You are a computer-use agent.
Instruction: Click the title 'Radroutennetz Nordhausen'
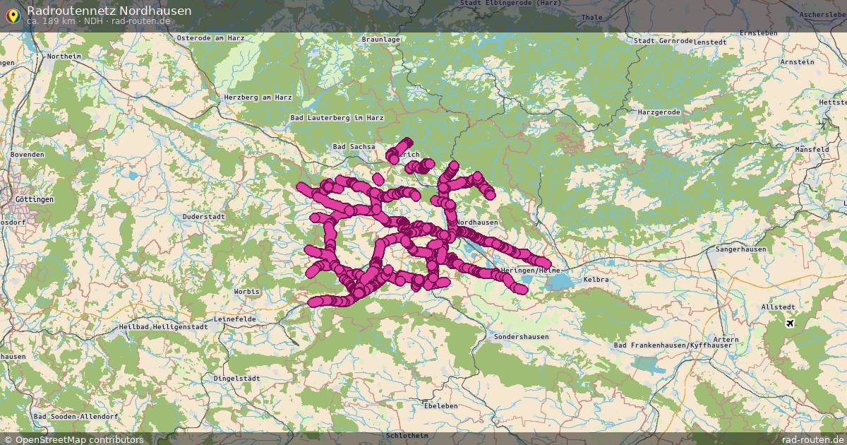click(x=109, y=11)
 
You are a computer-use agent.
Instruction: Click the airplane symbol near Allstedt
click(x=789, y=324)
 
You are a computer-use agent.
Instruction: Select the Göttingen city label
click(x=34, y=200)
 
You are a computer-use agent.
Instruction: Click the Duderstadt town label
click(x=203, y=216)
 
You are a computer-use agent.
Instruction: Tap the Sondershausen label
click(x=521, y=337)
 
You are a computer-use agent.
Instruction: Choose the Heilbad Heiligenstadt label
click(x=163, y=327)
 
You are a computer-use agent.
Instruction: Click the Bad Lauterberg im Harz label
click(x=337, y=117)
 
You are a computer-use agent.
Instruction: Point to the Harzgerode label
click(x=659, y=112)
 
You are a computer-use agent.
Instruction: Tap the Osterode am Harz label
click(x=210, y=38)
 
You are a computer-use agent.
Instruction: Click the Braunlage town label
click(x=380, y=40)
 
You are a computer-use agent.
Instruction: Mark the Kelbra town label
click(x=596, y=280)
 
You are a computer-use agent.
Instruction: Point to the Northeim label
click(x=64, y=56)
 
